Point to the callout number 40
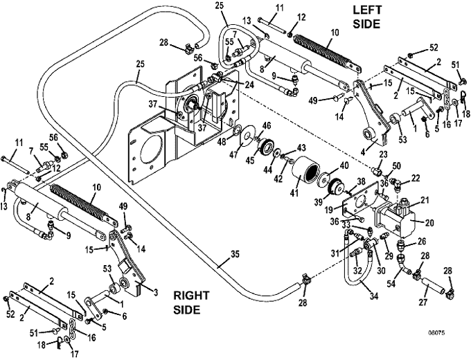tap(344, 165)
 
